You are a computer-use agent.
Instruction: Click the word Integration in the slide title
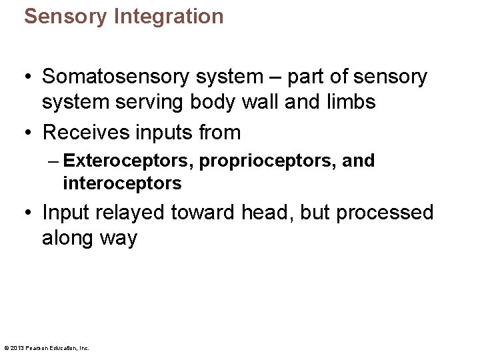point(169,16)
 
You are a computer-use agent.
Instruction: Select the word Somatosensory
point(117,77)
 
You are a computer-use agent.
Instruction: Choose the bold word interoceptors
point(121,182)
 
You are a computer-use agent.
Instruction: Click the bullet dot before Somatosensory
point(28,77)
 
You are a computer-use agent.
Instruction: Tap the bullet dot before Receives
point(28,133)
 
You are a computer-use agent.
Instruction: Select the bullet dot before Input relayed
point(28,213)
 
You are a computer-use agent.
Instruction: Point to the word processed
point(385,213)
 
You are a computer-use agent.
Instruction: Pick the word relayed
point(131,213)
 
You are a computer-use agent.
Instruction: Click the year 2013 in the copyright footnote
point(17,348)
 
